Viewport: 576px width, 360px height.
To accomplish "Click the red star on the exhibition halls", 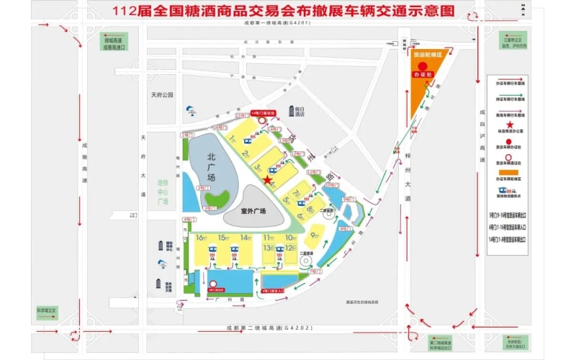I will point(268,180).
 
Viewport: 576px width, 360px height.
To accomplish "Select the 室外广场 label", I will point(253,211).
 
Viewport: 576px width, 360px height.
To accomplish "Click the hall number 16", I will point(199,238).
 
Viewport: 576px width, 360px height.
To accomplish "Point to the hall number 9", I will point(314,235).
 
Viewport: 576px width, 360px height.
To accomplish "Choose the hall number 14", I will point(245,238).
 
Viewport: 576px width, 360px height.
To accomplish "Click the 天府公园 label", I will point(163,94).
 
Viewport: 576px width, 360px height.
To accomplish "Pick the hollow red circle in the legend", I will point(509,157).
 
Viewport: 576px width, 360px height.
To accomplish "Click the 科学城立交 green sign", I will point(47,311).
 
